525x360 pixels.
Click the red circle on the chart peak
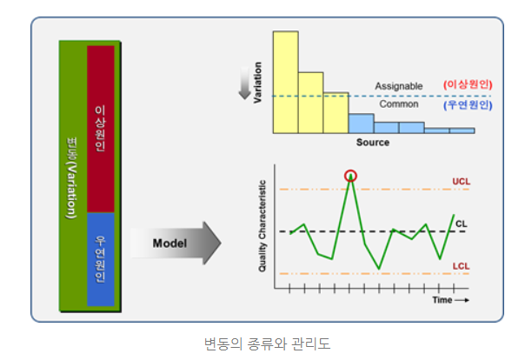[350, 176]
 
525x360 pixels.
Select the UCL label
[461, 183]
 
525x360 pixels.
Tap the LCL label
[461, 265]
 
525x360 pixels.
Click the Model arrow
[177, 243]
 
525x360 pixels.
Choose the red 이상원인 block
[101, 129]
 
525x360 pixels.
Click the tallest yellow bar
[286, 82]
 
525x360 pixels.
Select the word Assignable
[399, 86]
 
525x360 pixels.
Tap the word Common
[399, 103]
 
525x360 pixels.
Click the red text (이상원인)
[468, 84]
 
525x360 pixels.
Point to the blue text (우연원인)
[468, 104]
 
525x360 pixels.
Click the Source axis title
[373, 143]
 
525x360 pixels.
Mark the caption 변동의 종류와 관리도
[262, 343]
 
